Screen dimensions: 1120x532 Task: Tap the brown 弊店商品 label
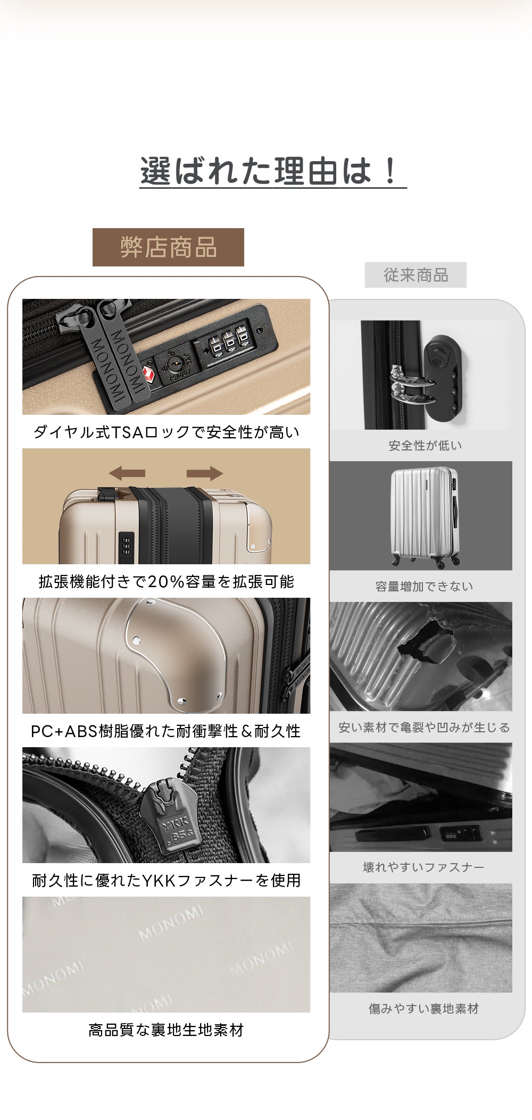168,248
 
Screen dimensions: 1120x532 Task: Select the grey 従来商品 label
415,275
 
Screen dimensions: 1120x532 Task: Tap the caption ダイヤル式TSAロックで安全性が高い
166,432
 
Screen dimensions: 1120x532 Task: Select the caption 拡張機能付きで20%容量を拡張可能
166,581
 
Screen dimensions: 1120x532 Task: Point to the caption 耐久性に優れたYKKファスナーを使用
166,880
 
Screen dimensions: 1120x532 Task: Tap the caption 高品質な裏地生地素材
166,1030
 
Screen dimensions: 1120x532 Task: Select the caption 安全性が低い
425,446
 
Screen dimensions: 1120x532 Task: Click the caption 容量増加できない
424,586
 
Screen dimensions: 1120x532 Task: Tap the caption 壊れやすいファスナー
423,867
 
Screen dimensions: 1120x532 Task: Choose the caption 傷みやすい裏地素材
423,1008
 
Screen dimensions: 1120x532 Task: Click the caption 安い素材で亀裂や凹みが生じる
424,727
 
